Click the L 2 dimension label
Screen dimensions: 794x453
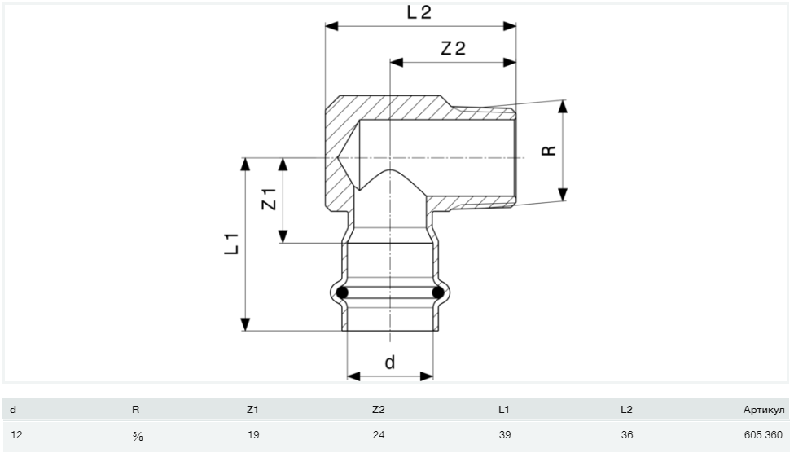(419, 12)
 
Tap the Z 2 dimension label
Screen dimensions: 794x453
(454, 49)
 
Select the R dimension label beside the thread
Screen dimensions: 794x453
(549, 151)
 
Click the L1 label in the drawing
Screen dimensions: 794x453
(231, 244)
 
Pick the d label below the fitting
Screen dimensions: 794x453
(390, 363)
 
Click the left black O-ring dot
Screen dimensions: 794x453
(342, 292)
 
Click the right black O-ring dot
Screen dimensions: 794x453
(438, 292)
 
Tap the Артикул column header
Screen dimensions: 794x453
(764, 410)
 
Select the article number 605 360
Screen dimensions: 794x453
(763, 435)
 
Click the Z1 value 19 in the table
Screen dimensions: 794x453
(253, 435)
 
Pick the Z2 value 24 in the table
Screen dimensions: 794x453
(378, 435)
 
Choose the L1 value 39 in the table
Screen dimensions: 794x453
(505, 435)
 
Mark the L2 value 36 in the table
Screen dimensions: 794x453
(627, 435)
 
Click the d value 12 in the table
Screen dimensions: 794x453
(16, 435)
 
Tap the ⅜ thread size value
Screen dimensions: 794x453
(138, 435)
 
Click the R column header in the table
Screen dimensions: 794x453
(135, 410)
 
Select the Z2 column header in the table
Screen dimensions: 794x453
(378, 410)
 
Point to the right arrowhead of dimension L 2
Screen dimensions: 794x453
(510, 26)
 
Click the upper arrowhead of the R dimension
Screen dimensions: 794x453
(563, 106)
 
